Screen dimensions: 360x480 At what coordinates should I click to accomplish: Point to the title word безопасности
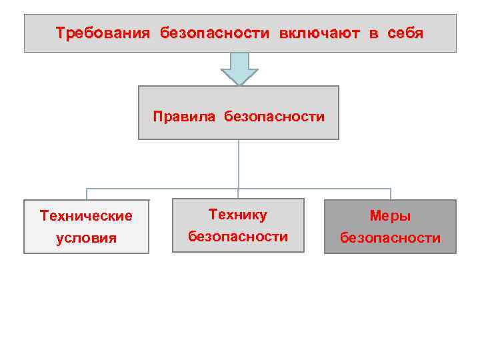click(x=215, y=33)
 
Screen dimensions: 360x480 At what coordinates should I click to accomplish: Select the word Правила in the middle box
click(x=184, y=117)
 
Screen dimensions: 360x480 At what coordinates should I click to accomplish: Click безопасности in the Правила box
click(x=275, y=117)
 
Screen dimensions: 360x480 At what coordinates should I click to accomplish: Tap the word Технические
click(x=86, y=215)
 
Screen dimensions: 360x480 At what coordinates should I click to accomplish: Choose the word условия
click(x=86, y=238)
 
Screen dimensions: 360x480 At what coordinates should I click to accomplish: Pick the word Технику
click(x=238, y=214)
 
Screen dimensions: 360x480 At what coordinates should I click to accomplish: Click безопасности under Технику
click(x=238, y=236)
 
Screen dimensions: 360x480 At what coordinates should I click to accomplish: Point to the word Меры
click(x=391, y=216)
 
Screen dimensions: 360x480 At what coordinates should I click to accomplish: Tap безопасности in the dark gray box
click(x=391, y=238)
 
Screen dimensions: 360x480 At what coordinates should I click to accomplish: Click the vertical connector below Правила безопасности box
click(x=239, y=164)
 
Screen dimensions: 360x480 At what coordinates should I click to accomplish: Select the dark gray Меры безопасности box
click(x=391, y=247)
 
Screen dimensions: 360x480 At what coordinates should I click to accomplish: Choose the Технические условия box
click(x=86, y=247)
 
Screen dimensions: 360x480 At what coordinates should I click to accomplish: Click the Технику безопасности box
click(x=238, y=246)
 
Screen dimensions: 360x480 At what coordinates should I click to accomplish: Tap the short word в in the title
click(x=373, y=33)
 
